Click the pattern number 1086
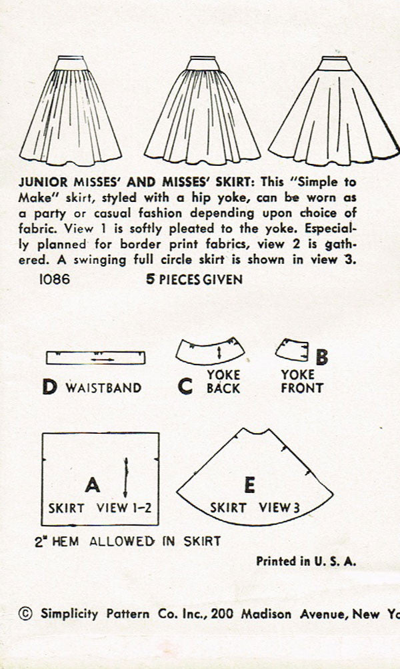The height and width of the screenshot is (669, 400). click(55, 280)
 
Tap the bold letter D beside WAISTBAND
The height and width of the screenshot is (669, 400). click(50, 387)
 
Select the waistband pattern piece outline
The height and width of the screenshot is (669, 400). click(96, 358)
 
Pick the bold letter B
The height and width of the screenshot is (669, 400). click(321, 358)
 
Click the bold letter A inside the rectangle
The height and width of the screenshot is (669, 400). click(93, 482)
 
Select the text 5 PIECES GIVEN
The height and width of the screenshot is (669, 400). click(194, 280)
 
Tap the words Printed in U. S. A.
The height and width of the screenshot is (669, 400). click(306, 561)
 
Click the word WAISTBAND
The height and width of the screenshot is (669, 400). click(103, 388)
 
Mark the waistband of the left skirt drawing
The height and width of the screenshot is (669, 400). click(69, 64)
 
